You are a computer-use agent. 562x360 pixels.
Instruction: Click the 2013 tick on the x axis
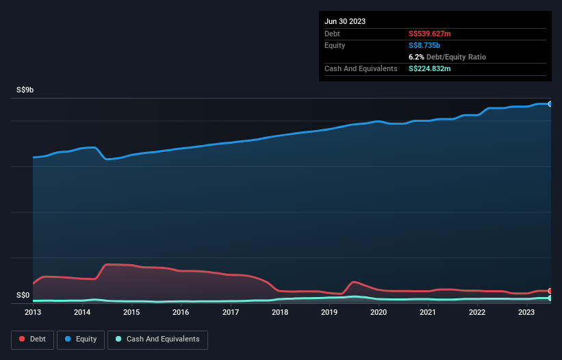pyautogui.click(x=33, y=312)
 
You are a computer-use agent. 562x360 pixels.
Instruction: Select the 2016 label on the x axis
pyautogui.click(x=181, y=312)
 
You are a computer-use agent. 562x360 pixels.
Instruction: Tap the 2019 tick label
pyautogui.click(x=329, y=312)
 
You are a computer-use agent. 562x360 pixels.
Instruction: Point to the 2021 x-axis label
pyautogui.click(x=428, y=312)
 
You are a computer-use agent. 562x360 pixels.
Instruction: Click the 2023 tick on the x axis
pyautogui.click(x=526, y=312)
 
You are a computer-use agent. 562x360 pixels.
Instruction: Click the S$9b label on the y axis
pyautogui.click(x=27, y=90)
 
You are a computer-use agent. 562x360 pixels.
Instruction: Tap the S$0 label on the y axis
pyautogui.click(x=23, y=296)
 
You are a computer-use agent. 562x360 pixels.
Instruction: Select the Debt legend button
pyautogui.click(x=32, y=339)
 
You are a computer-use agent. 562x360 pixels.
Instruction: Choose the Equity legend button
pyautogui.click(x=81, y=339)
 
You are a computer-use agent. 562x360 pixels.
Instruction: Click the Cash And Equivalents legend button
pyautogui.click(x=157, y=339)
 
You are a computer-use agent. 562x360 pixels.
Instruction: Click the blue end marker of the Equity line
pyautogui.click(x=550, y=104)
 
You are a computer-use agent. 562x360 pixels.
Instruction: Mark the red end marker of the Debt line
pyautogui.click(x=550, y=291)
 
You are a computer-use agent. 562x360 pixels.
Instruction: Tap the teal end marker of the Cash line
pyautogui.click(x=550, y=298)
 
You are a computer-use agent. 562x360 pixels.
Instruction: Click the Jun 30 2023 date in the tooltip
pyautogui.click(x=345, y=21)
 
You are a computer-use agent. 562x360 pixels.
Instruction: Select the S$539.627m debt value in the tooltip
pyautogui.click(x=430, y=34)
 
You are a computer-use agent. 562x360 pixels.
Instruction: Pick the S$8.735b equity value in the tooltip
pyautogui.click(x=425, y=45)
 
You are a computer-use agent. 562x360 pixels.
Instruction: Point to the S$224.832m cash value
pyautogui.click(x=430, y=68)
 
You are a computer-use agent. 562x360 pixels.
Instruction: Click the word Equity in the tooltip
pyautogui.click(x=335, y=45)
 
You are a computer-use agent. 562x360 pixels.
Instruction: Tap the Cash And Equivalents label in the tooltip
pyautogui.click(x=361, y=68)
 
